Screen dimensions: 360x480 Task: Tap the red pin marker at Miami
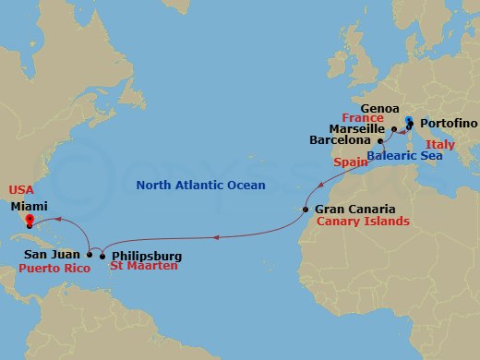[x=30, y=221]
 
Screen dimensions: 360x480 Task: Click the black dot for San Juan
[x=90, y=254]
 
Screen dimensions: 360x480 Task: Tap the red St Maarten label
[x=143, y=268]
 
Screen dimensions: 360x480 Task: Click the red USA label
[x=21, y=190]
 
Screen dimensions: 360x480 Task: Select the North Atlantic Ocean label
[x=200, y=186]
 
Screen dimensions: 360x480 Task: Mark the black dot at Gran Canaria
[x=306, y=210]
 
